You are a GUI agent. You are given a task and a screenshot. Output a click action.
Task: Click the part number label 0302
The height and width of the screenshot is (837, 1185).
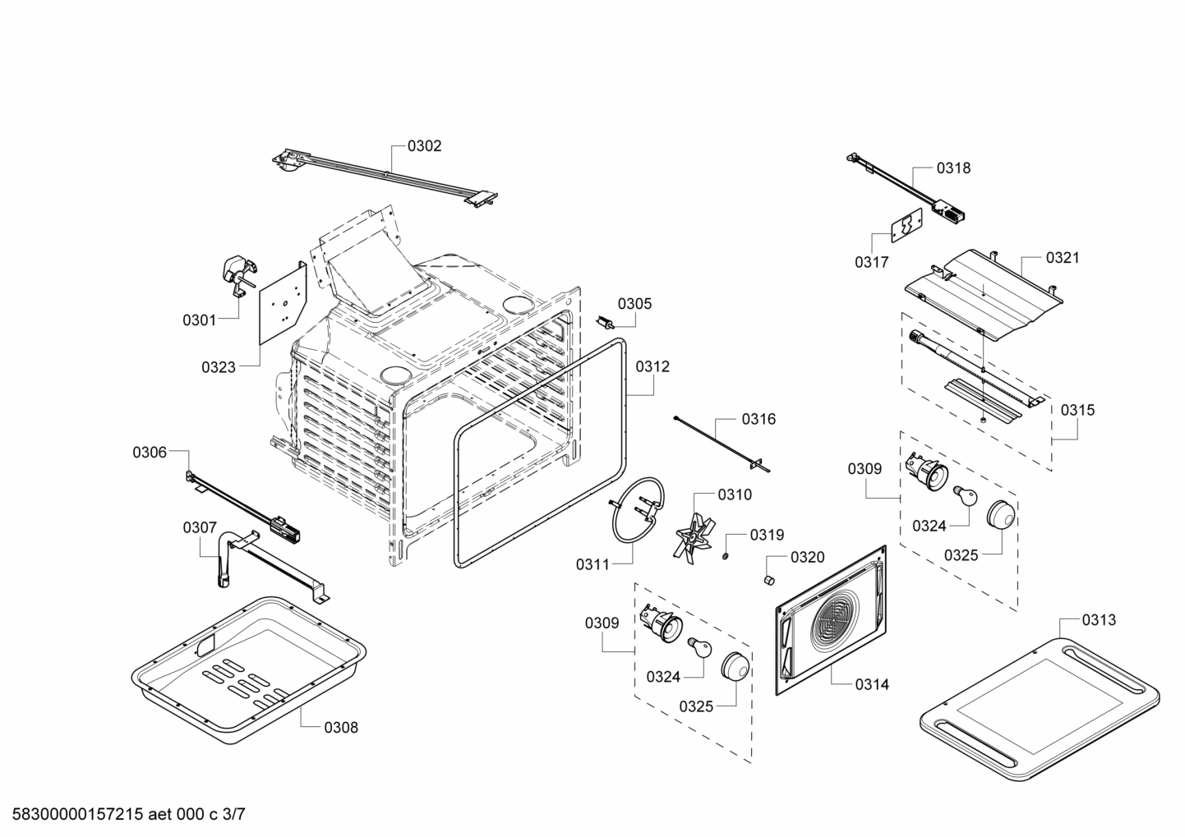click(424, 146)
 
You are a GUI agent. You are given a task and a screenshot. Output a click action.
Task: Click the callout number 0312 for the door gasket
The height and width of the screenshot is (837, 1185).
click(652, 366)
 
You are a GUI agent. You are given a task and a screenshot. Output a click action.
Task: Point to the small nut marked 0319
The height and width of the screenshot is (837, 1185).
click(726, 558)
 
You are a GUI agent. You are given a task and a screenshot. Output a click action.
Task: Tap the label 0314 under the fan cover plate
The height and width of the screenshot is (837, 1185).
click(871, 684)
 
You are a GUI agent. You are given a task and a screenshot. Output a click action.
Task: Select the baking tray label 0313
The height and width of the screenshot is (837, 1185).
click(1099, 620)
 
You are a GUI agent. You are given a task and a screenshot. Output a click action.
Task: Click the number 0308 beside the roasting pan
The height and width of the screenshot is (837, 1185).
click(340, 727)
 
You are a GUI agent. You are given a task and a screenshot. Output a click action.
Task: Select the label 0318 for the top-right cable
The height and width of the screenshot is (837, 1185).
click(953, 168)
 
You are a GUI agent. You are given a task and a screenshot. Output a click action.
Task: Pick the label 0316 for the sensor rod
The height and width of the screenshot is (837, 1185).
click(758, 419)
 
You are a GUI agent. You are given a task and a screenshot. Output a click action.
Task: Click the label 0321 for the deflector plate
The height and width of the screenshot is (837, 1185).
click(1063, 257)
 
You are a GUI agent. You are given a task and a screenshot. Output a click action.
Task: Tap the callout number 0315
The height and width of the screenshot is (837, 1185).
click(1077, 410)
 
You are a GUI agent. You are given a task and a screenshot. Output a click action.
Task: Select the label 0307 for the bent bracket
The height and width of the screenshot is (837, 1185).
click(199, 527)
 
